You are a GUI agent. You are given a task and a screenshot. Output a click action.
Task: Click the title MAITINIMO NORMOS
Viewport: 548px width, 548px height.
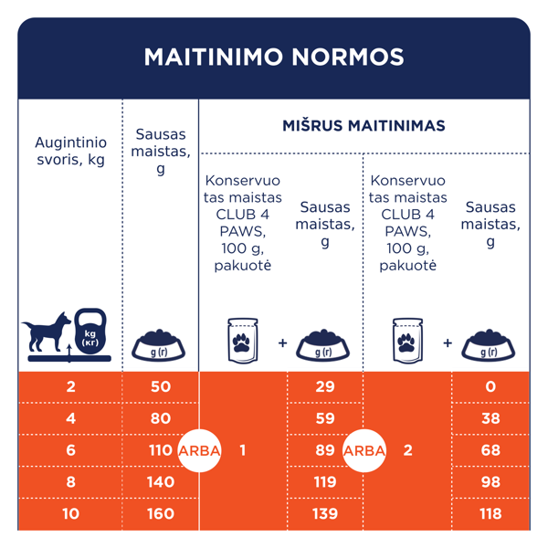click(x=274, y=57)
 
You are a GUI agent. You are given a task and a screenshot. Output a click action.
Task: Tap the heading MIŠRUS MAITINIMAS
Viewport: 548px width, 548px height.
click(x=364, y=125)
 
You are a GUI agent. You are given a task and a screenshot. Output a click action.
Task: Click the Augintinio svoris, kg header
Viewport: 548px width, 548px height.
click(x=70, y=152)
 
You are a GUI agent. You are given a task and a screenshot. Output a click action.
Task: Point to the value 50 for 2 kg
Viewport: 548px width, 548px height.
click(x=160, y=386)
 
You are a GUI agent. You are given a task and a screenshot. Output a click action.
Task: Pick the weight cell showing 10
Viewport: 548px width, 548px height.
click(x=70, y=513)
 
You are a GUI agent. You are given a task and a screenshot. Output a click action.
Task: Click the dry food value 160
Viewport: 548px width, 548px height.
click(x=160, y=513)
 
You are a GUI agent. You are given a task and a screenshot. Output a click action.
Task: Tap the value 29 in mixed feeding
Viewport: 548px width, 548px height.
click(x=325, y=386)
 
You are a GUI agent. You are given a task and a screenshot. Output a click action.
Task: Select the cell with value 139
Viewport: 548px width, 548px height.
click(x=325, y=513)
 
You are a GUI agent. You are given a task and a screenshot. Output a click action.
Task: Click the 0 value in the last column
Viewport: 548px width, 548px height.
click(x=490, y=386)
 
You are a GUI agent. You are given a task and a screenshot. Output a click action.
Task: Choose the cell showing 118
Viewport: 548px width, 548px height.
click(x=490, y=513)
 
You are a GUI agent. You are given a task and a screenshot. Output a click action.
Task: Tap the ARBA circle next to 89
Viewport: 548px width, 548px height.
click(x=364, y=449)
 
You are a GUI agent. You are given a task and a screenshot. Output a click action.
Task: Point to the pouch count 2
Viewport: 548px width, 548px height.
click(x=407, y=449)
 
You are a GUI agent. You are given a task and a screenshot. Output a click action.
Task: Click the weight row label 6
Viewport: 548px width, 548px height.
click(x=70, y=449)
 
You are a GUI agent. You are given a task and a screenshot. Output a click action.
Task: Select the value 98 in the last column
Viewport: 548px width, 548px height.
click(x=490, y=481)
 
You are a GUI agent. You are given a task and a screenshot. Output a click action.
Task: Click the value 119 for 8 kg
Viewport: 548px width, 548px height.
click(x=325, y=481)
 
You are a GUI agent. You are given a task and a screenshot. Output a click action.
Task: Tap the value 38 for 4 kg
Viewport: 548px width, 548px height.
click(x=490, y=418)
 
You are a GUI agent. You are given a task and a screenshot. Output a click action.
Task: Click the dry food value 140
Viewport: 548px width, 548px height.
click(x=160, y=481)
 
